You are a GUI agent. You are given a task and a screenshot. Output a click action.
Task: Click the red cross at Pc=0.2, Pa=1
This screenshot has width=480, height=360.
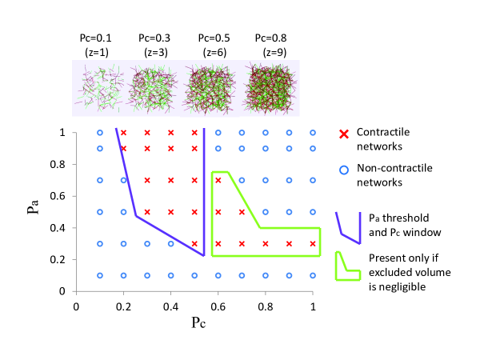coord(123,133)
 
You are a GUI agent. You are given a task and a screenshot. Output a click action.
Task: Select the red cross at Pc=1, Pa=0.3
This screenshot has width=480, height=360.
coord(313,243)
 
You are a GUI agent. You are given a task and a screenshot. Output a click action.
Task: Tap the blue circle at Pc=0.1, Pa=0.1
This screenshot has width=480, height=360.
coord(100,275)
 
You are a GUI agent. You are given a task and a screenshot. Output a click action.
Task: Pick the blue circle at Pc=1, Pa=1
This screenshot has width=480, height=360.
coord(313,133)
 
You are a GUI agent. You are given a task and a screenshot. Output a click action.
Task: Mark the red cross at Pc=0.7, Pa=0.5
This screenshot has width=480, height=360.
coord(242,212)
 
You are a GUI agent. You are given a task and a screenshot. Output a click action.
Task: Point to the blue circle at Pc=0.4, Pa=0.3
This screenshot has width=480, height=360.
coord(171,243)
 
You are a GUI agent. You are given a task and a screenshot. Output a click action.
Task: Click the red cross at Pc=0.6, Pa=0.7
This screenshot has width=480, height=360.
coord(218,180)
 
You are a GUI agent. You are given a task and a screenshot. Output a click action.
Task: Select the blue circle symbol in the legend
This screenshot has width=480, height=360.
coord(345,170)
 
